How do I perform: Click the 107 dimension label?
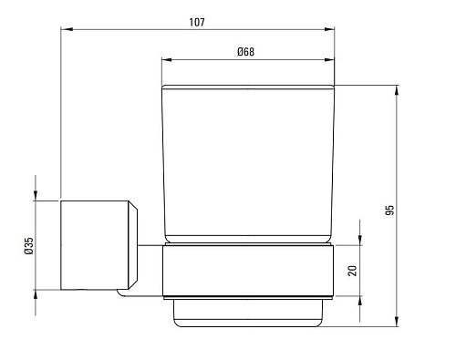pyautogui.click(x=197, y=22)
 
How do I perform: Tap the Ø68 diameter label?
pyautogui.click(x=245, y=52)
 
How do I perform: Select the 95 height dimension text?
pyautogui.click(x=389, y=210)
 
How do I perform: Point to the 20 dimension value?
pyautogui.click(x=352, y=271)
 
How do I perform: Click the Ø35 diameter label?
pyautogui.click(x=28, y=246)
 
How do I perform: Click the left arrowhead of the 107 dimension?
pyautogui.click(x=67, y=29)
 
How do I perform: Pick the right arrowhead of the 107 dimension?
pyautogui.click(x=329, y=29)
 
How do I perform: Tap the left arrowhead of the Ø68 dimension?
pyautogui.click(x=167, y=59)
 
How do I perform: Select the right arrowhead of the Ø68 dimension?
pyautogui.click(x=329, y=59)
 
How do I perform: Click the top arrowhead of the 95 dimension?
pyautogui.click(x=397, y=91)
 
